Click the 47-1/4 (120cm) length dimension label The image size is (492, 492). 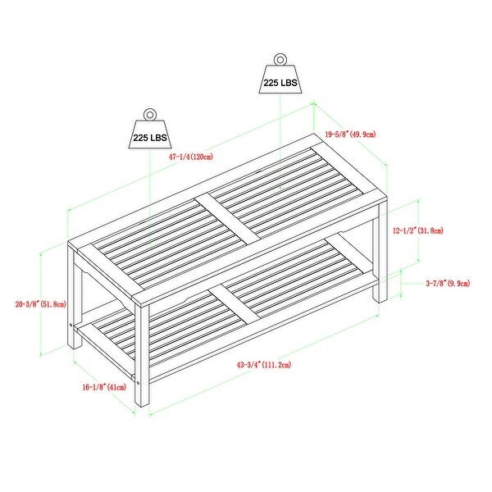coord(191,157)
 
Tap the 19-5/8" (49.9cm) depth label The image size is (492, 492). coord(350,134)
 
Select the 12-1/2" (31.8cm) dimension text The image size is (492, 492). coord(418,230)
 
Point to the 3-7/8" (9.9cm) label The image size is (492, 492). coord(448,284)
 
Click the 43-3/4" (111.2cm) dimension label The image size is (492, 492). coord(264,365)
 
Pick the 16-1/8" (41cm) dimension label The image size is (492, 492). coord(104,387)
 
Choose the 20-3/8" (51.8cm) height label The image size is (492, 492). coord(41,304)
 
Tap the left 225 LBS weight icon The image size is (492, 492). coord(150,129)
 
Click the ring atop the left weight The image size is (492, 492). coord(149,114)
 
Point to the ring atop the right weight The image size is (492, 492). coord(280,59)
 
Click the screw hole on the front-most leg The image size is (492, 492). coord(139,382)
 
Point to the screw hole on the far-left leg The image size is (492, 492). coord(71,325)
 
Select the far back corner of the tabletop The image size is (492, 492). coord(314,134)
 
